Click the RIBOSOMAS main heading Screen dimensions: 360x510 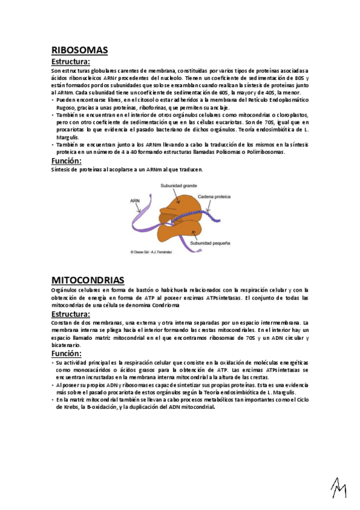pos(79,51)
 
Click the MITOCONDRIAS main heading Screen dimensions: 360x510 pos(88,280)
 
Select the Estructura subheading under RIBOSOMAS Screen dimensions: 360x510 pos(71,62)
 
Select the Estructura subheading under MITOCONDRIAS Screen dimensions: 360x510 pos(71,314)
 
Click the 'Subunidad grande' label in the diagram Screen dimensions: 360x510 pos(174,186)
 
